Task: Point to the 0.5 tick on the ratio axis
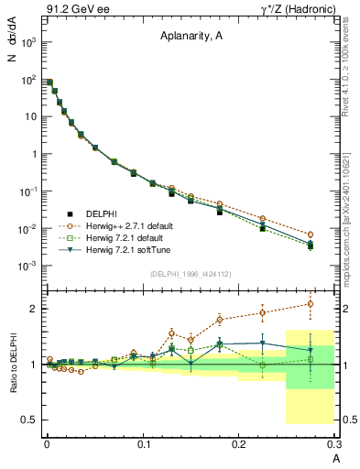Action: (x=30, y=420)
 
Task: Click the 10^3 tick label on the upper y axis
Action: (x=29, y=43)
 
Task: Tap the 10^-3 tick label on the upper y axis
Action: (x=29, y=266)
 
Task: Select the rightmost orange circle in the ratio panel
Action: (x=311, y=304)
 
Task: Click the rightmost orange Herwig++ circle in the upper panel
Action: (x=311, y=234)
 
